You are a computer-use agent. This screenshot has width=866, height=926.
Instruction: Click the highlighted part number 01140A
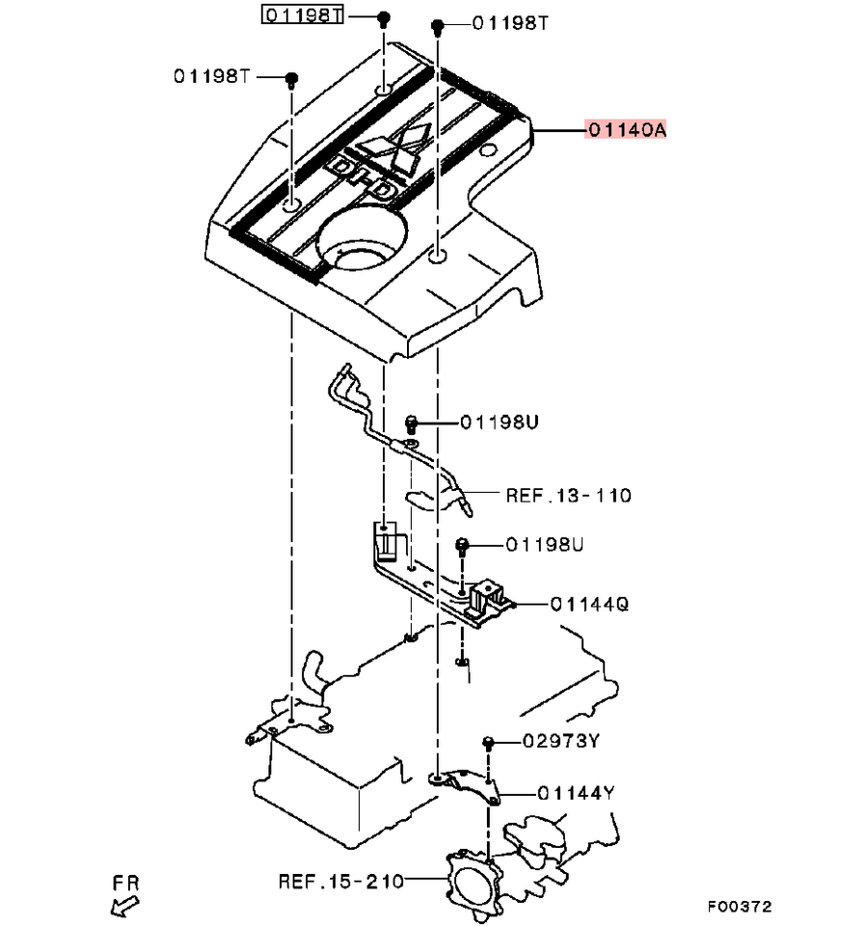click(x=626, y=129)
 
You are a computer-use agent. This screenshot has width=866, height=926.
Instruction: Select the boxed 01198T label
click(x=302, y=14)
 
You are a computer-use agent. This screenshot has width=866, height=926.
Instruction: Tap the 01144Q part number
click(x=590, y=604)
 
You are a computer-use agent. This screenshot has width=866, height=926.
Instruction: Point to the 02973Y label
click(x=561, y=741)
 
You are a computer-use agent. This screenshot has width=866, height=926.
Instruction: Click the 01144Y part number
click(x=576, y=793)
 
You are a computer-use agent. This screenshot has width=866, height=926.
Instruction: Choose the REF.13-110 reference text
click(x=569, y=495)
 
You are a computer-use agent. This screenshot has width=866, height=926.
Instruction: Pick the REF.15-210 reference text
click(x=341, y=882)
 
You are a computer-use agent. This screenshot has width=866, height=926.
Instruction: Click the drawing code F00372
click(x=741, y=907)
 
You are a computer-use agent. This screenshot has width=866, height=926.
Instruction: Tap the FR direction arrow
click(x=124, y=905)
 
